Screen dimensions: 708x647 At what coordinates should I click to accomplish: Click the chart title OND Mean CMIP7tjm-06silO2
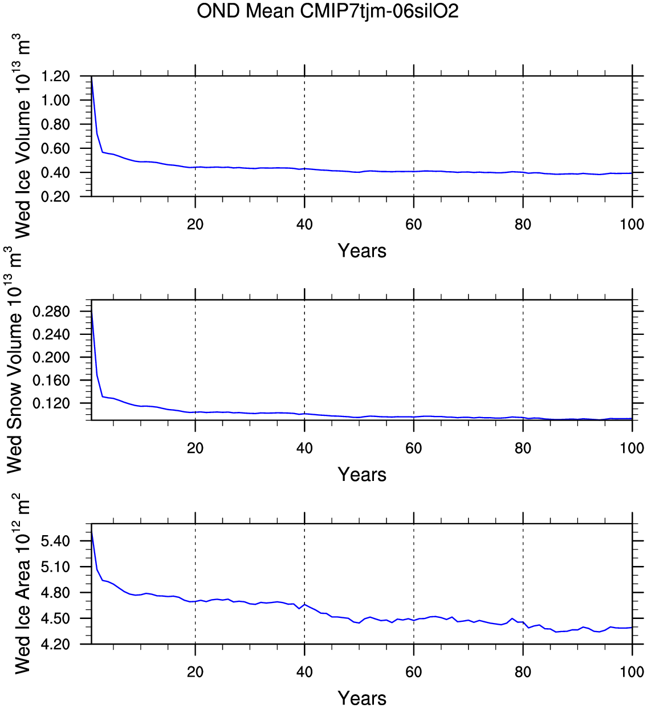click(327, 11)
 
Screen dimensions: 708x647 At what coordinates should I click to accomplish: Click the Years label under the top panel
click(362, 251)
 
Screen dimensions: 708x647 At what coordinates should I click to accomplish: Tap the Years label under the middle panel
click(362, 475)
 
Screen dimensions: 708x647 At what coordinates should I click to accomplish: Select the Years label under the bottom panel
click(362, 698)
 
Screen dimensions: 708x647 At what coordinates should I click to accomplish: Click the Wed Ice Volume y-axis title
click(21, 137)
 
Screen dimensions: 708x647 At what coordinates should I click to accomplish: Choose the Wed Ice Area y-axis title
click(21, 583)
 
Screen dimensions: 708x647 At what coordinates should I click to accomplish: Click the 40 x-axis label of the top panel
click(304, 225)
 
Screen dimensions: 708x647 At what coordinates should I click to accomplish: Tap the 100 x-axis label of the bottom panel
click(632, 672)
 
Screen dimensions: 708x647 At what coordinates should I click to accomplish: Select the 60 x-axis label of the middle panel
click(414, 448)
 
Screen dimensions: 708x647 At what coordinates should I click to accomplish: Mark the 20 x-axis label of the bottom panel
click(195, 672)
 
